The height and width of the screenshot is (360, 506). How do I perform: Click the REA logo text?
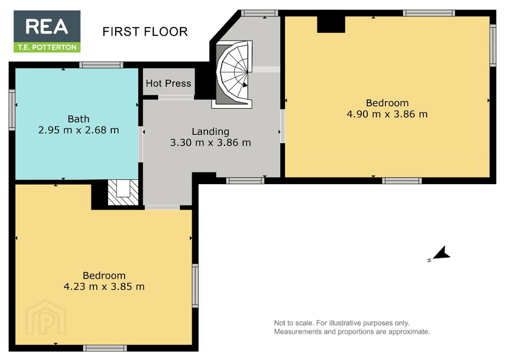click(47, 27)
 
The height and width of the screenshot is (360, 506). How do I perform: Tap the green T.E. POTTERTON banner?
click(47, 47)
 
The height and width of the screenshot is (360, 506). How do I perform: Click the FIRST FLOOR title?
click(145, 32)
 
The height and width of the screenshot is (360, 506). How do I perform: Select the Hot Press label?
click(169, 83)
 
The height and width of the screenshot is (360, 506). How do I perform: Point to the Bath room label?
click(79, 119)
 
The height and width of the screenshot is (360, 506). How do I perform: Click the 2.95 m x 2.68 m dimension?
click(79, 130)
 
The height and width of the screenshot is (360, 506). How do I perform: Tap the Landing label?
click(211, 131)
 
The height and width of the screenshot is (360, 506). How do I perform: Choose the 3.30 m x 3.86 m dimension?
click(211, 143)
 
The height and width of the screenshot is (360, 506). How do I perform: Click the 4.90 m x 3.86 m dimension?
click(387, 114)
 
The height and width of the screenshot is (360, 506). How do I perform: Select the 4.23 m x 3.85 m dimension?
click(104, 286)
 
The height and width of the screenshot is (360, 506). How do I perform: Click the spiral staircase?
click(233, 74)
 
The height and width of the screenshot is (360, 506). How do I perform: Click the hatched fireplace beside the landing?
click(123, 192)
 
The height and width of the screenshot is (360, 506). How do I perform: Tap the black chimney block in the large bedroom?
click(331, 24)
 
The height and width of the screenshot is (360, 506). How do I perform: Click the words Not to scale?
click(294, 323)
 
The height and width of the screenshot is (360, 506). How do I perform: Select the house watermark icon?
click(45, 318)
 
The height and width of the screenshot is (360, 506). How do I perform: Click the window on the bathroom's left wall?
click(12, 110)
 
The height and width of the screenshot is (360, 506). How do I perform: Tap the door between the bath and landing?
click(140, 144)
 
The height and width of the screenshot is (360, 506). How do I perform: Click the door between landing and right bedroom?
click(282, 126)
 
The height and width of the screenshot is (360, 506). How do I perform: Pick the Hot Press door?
click(176, 97)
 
